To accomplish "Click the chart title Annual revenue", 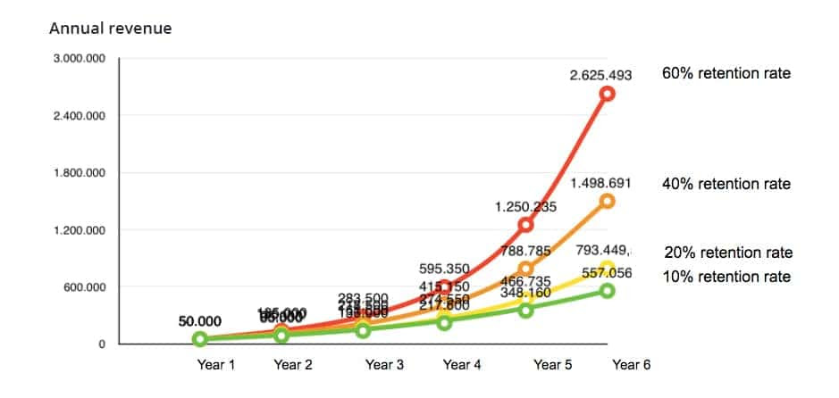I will (x=110, y=29).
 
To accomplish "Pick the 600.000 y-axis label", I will (x=87, y=287).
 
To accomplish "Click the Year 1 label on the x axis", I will (x=214, y=365).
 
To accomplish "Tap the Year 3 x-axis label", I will (x=385, y=365).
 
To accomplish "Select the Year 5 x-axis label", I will (x=553, y=365).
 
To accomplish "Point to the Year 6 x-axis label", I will (x=632, y=365).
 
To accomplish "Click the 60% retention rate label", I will (x=726, y=73).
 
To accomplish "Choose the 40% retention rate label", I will (x=726, y=184).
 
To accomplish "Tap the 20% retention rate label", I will (x=727, y=253).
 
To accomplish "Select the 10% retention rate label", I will (x=726, y=277).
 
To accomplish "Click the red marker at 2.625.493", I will (x=607, y=94).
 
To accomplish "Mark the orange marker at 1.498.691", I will (x=607, y=201).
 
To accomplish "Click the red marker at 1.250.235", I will (x=525, y=225).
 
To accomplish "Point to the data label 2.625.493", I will (x=600, y=76).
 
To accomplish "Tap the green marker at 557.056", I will (x=607, y=290).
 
